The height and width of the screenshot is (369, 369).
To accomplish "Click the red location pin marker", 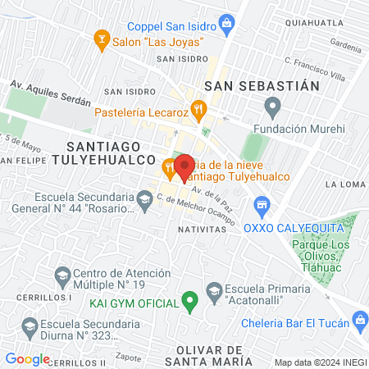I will click(x=184, y=166).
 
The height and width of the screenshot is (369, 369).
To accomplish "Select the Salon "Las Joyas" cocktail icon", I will click(x=102, y=38).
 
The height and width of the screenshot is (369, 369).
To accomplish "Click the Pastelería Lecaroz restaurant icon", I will click(x=198, y=109).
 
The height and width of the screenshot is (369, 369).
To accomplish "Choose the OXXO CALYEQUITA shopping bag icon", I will click(x=262, y=204).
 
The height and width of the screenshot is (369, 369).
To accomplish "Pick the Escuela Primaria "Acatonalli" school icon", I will click(x=214, y=289).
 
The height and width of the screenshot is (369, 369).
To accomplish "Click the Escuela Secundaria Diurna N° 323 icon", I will click(x=30, y=326).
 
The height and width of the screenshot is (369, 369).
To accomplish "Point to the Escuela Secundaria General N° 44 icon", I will click(x=144, y=198).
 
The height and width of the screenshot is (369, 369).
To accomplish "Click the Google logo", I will click(x=27, y=358).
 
